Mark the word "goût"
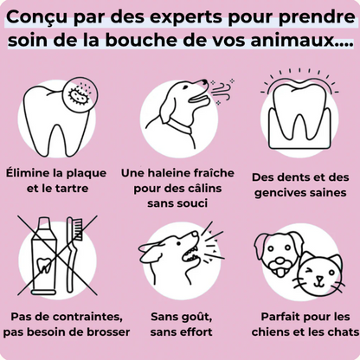196,316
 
